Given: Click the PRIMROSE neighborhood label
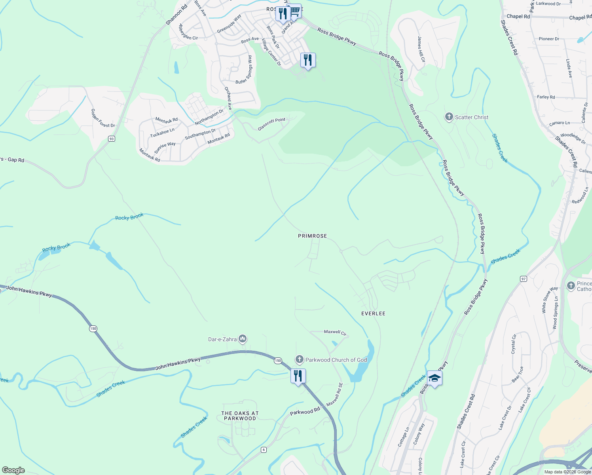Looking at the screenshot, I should point(312,236).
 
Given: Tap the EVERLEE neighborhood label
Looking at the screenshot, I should point(373,313).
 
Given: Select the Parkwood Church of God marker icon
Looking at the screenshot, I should point(300,359).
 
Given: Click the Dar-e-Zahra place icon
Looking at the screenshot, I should point(243,339).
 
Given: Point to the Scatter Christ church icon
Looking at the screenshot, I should point(449,117).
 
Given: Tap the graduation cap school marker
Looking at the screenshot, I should point(435,378).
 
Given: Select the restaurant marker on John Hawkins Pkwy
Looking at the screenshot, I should point(298,375).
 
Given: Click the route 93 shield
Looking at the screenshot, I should point(112,139).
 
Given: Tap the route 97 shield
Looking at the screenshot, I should point(524,279).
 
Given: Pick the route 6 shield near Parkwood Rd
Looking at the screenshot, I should point(264,450).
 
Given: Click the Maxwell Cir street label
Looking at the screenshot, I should point(335,333).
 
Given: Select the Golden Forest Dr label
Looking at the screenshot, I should point(103,118).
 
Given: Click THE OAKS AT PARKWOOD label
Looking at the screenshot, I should point(240,416).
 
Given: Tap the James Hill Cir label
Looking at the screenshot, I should point(421,49).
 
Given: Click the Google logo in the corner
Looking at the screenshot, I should point(13,470).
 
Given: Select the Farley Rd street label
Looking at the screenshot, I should point(546,97).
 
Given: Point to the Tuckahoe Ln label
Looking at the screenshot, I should point(162,133).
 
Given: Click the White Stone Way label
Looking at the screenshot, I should point(549,300).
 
